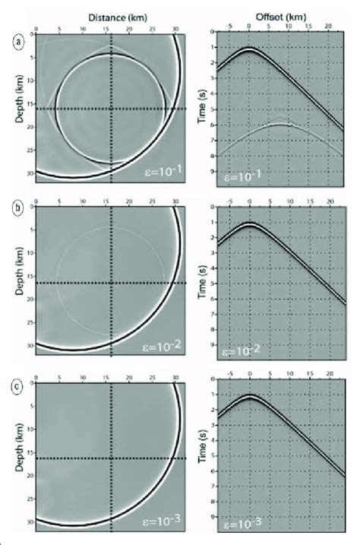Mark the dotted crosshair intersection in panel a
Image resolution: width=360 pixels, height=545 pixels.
click(x=112, y=109)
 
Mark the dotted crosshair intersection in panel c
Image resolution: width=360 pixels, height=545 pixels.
click(x=112, y=458)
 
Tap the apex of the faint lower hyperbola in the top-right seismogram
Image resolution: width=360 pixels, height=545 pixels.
click(x=281, y=124)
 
